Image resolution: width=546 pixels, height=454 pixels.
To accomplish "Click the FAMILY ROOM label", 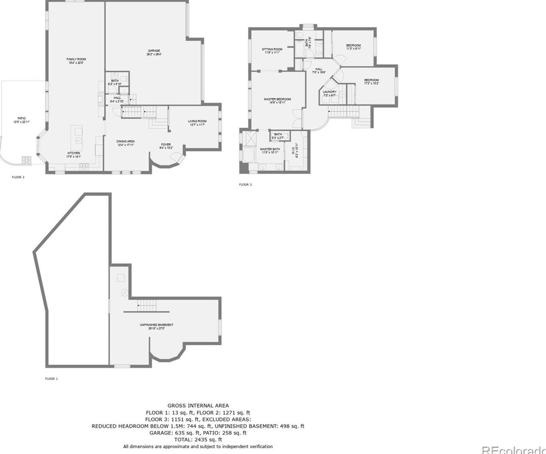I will (x=76, y=59).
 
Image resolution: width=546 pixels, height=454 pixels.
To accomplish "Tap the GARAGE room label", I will (x=154, y=51).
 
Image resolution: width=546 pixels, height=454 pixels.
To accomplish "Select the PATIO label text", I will (x=21, y=119).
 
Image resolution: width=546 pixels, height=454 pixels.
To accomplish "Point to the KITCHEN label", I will (x=74, y=153).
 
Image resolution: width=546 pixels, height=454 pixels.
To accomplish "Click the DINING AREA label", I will (x=126, y=141).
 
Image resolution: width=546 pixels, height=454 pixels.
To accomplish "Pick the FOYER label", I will (x=166, y=145).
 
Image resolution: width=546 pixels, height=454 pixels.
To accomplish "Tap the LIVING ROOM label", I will (x=197, y=121).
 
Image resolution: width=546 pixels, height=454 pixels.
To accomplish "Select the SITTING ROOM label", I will (x=272, y=49).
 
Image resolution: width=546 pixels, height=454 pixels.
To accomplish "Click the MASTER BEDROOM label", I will (x=277, y=99).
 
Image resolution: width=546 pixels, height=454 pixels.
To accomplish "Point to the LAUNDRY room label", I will (x=329, y=92).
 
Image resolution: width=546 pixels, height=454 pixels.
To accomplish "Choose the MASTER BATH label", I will (x=269, y=149).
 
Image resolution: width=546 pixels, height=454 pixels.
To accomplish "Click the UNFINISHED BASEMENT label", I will (x=156, y=325).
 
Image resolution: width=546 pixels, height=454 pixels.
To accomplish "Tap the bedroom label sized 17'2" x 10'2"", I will (x=371, y=80).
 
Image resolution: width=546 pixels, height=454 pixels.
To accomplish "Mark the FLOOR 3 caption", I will (x=245, y=185).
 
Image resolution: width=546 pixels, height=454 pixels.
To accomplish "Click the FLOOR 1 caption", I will (x=51, y=379).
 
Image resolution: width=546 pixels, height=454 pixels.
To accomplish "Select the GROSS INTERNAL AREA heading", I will (x=198, y=405).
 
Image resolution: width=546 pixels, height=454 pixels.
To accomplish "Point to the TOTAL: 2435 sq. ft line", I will (x=198, y=439).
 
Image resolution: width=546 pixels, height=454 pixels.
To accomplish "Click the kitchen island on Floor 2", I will (x=77, y=136).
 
